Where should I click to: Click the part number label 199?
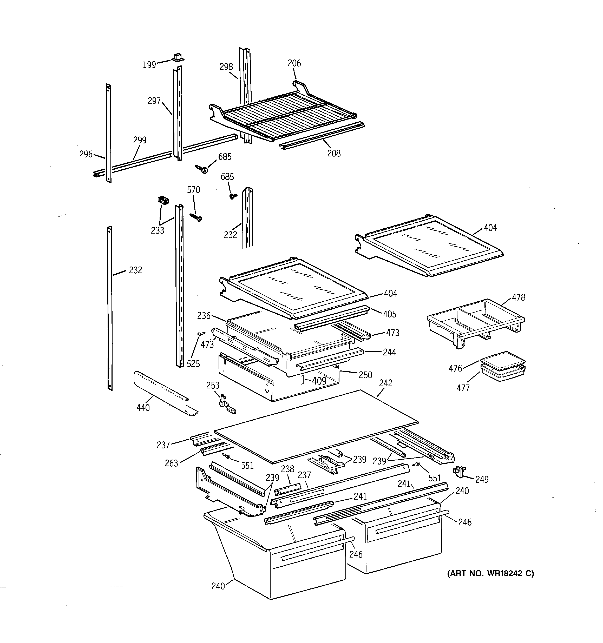point(149,65)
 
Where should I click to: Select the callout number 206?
point(294,63)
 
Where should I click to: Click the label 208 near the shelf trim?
point(334,153)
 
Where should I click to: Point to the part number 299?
point(140,140)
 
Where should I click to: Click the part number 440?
point(143,408)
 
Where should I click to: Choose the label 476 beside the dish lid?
point(455,368)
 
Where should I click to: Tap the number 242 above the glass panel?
point(385,383)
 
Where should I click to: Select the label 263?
point(171,463)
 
